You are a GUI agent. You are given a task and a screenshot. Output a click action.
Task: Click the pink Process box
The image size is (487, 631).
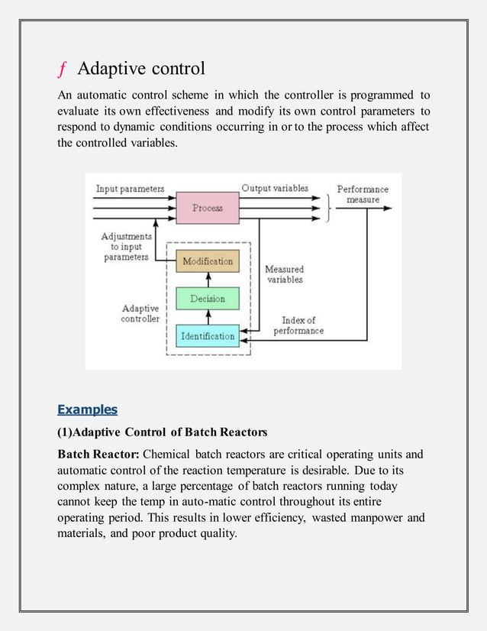[207, 208]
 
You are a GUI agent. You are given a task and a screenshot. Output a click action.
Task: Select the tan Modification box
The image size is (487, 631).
[207, 261]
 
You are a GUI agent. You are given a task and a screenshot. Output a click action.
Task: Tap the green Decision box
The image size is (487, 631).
[207, 299]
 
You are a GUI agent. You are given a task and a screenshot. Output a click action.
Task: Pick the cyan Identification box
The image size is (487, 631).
[207, 336]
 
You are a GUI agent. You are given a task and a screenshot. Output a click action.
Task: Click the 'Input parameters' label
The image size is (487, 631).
[130, 189]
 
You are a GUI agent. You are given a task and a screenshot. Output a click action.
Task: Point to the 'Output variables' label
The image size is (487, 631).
[275, 188]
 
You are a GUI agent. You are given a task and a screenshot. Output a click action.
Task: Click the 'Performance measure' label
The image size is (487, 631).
[363, 194]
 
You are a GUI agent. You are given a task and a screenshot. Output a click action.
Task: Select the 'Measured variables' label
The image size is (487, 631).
[284, 274]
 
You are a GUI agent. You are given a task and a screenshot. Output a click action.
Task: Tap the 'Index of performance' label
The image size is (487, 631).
[298, 325]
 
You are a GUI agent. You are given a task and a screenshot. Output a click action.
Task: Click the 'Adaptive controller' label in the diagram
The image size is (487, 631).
[140, 314]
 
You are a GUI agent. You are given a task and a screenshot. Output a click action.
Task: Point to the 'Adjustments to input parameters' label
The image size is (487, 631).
[126, 247]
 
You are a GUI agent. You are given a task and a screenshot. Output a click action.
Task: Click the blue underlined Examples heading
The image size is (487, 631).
[87, 409]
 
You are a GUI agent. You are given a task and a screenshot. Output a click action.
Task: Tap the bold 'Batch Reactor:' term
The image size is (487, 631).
[98, 455]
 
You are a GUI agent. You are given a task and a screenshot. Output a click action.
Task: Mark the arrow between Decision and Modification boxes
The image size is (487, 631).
[207, 280]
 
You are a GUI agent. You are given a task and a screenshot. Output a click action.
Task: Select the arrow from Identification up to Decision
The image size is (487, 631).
[207, 318]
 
